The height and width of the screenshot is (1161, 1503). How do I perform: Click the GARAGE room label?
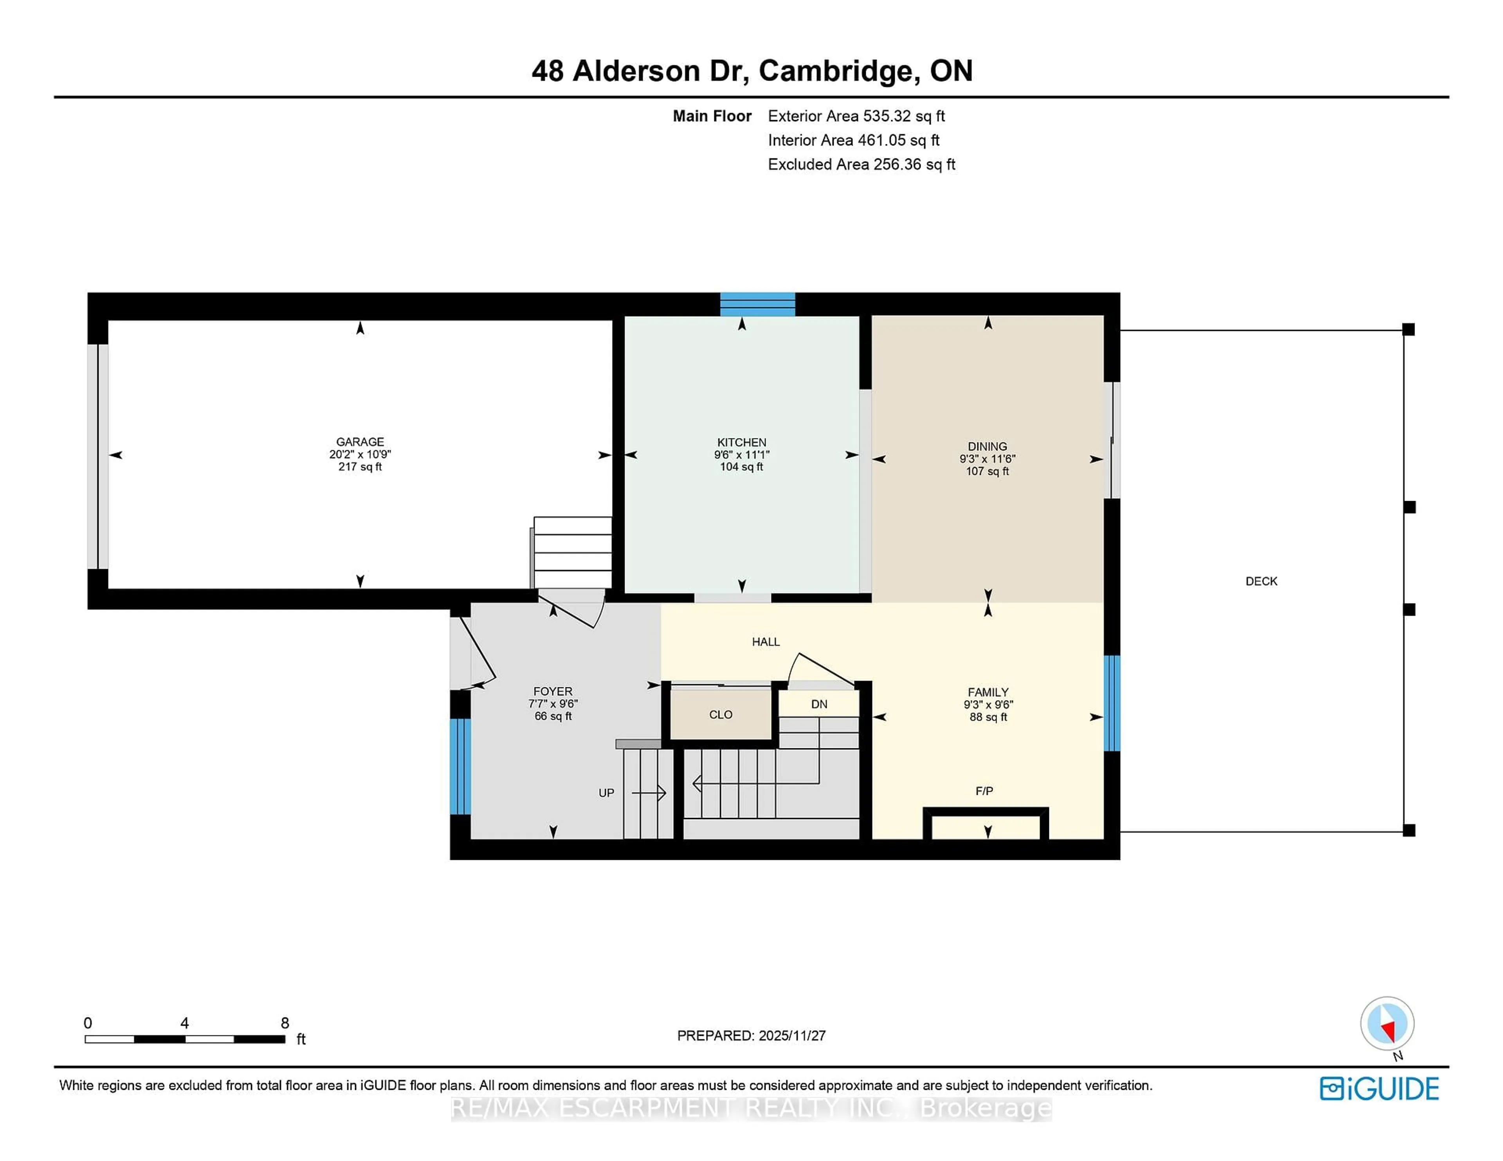360,442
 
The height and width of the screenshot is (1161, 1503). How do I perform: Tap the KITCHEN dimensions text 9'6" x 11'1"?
741,455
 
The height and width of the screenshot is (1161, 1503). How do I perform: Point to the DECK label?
1261,581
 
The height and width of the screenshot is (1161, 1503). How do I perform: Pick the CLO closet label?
721,715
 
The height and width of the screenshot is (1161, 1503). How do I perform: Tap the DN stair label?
819,704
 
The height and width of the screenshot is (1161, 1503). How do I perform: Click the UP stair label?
606,793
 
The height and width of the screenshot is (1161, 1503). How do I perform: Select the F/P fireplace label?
984,791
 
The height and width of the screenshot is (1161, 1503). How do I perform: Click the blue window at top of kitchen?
757,304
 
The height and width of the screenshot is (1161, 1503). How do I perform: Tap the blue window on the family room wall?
1112,703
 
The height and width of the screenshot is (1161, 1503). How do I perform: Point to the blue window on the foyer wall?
460,766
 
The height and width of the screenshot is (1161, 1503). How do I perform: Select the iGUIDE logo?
1379,1089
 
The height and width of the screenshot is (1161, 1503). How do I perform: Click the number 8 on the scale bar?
285,1023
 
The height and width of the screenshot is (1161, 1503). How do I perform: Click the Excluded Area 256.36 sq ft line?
861,164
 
